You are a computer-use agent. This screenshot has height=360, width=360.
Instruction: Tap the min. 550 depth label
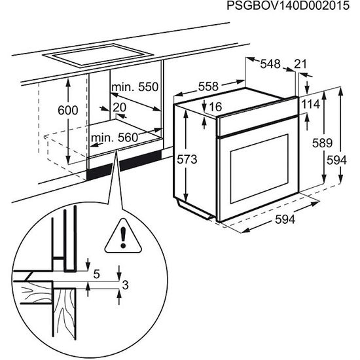point(135,87)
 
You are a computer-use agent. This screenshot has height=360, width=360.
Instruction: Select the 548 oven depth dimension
point(270,64)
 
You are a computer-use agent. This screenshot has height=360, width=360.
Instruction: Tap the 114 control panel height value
point(311,104)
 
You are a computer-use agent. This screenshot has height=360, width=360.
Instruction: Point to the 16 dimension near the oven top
point(217,107)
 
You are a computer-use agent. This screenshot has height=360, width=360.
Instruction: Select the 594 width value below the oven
point(283,220)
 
